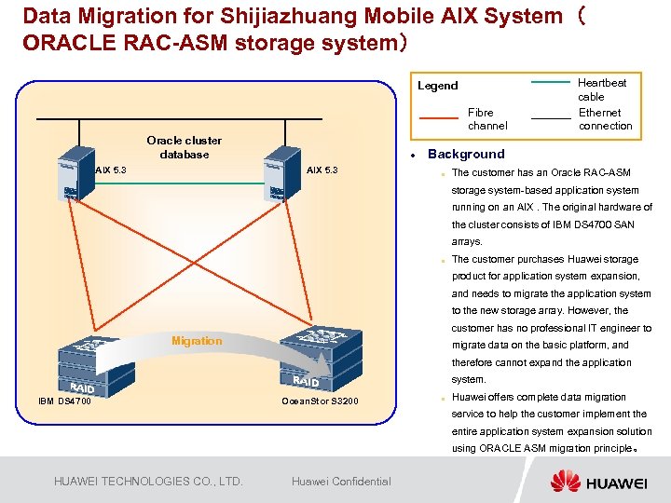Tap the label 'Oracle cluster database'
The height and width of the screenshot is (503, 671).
[x=185, y=147]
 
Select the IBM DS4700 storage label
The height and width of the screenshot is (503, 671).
[x=64, y=401]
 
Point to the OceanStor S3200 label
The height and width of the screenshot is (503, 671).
[x=320, y=401]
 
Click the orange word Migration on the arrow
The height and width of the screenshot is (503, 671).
[x=197, y=341]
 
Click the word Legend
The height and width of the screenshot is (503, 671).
[x=437, y=86]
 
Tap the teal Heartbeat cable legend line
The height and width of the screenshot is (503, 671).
[x=550, y=83]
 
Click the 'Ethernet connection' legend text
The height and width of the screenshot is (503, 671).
[x=605, y=119]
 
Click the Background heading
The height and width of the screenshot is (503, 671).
[x=466, y=155]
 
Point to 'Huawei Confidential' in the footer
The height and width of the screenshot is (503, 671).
[x=341, y=482]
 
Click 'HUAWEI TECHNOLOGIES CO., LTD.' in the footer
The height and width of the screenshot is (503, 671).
[x=148, y=482]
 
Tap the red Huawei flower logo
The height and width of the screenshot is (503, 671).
[x=565, y=481]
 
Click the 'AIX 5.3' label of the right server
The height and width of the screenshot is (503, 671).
[x=322, y=170]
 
